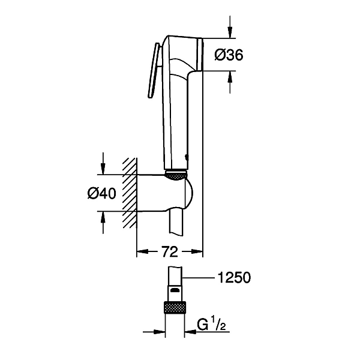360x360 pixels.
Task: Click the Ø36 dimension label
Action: click(229, 55)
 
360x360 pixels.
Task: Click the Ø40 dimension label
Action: click(102, 193)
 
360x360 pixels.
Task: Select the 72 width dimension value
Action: click(170, 252)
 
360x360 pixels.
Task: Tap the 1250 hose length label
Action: click(234, 278)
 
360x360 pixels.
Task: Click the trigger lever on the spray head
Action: click(154, 71)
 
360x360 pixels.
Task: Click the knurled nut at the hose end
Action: click(175, 307)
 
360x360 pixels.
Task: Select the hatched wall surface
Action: click(130, 193)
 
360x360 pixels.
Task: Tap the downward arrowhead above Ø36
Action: click(230, 32)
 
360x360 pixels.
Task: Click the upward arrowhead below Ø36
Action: click(230, 76)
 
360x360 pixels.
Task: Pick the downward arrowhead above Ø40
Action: click(103, 169)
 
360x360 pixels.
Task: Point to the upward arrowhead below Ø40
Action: click(103, 217)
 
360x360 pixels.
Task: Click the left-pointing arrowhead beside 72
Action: click(142, 251)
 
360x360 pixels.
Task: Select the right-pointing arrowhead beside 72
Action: click(197, 251)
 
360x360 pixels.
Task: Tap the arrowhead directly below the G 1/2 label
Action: click(190, 332)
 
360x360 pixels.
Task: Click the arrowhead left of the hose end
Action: click(160, 332)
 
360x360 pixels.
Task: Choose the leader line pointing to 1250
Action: click(198, 278)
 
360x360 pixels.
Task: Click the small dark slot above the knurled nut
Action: click(175, 290)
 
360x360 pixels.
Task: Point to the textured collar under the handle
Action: click(176, 175)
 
